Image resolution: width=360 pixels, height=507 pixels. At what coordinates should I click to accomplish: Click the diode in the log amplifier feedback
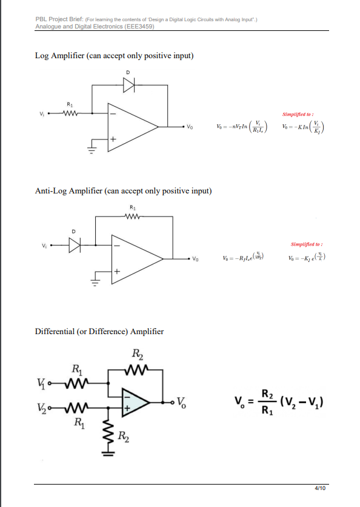point(128,86)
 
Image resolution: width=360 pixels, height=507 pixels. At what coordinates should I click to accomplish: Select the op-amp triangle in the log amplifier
point(131,127)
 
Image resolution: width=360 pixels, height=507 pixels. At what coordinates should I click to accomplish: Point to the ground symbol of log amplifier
point(93,147)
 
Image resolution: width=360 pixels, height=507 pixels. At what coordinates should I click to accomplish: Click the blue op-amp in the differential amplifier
point(135,400)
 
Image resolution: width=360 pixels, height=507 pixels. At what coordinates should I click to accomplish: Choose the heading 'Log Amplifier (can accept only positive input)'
point(114,56)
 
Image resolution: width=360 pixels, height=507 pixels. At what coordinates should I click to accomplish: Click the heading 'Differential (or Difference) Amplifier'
point(99,331)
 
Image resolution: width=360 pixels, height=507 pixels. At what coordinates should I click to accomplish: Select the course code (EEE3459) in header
point(138,27)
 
